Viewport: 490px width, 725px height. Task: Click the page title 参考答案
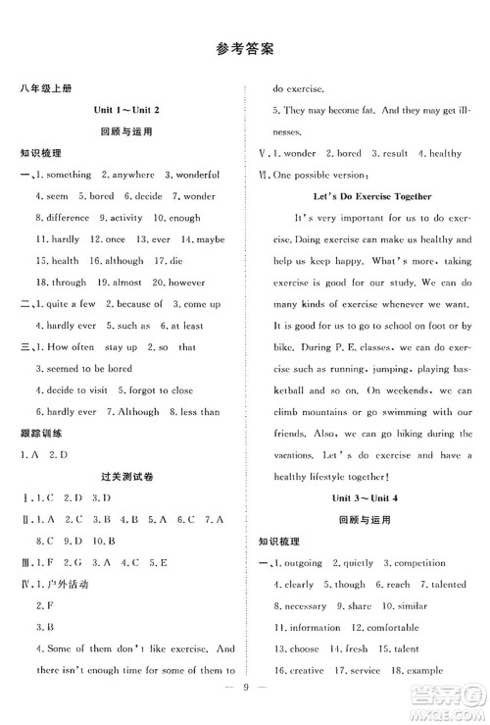click(245, 47)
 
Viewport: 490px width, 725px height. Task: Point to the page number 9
click(244, 702)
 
